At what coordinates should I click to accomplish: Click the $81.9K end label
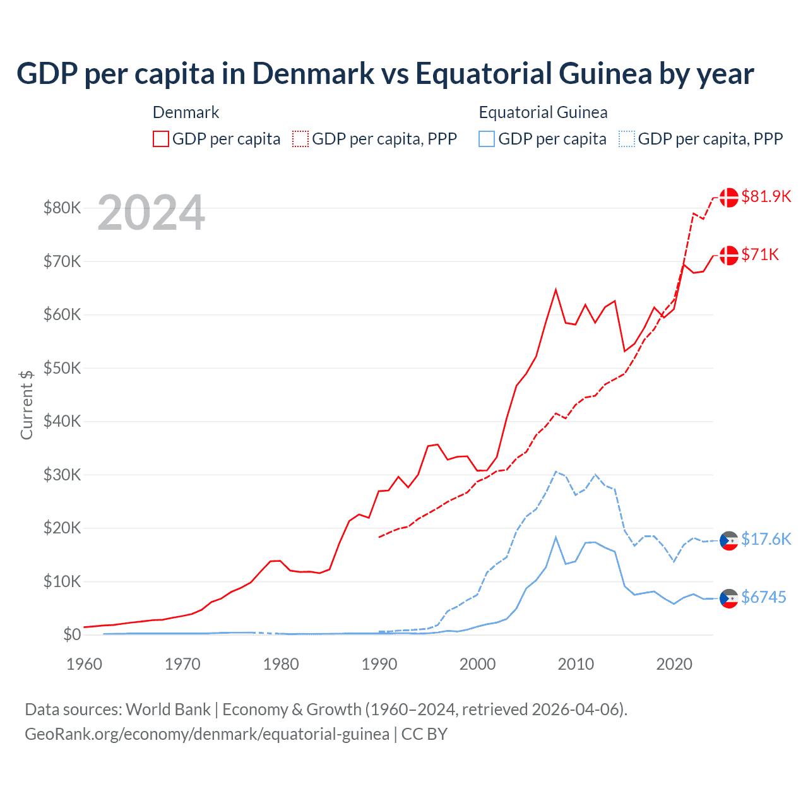click(766, 196)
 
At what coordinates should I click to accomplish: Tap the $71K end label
click(760, 254)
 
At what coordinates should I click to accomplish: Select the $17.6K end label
click(766, 539)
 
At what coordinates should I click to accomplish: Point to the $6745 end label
click(763, 597)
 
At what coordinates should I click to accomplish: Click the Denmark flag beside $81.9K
click(729, 197)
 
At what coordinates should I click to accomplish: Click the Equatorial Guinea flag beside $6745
click(729, 598)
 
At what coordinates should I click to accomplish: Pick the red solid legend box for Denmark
click(161, 139)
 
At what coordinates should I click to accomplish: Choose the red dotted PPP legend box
click(300, 139)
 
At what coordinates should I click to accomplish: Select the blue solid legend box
click(487, 139)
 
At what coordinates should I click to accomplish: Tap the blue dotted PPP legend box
click(627, 139)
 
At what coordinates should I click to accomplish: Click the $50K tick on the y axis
click(62, 368)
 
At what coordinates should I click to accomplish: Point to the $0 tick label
click(72, 635)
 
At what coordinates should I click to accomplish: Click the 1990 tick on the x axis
click(379, 664)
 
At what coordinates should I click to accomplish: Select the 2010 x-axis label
click(576, 664)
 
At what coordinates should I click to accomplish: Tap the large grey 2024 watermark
click(151, 213)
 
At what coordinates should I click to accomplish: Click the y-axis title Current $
click(27, 405)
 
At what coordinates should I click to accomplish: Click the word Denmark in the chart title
click(313, 73)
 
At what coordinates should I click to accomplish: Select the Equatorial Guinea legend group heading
click(543, 112)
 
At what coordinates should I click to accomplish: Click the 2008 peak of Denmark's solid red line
click(555, 290)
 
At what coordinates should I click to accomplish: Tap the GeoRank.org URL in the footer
click(207, 734)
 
